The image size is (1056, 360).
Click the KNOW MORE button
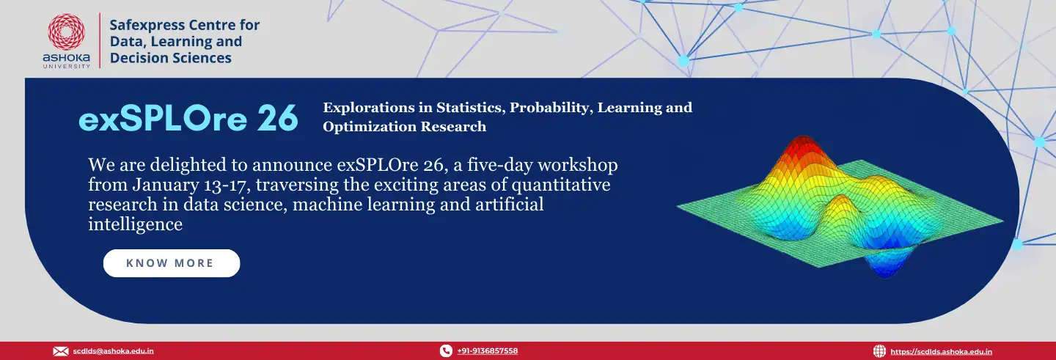point(172,263)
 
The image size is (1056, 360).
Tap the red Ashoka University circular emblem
point(67,32)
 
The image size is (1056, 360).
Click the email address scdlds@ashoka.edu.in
point(113,351)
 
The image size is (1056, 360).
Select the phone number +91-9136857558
point(488,351)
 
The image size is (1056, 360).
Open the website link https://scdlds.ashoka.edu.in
point(941,351)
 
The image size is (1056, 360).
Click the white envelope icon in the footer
point(61,351)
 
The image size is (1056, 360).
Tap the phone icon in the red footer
point(446,350)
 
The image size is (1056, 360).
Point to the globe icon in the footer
point(879,351)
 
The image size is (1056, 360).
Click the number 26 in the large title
point(278,118)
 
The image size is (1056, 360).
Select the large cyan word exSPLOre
point(163,118)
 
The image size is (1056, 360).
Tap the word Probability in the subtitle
point(549,108)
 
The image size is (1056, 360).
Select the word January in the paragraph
point(166,185)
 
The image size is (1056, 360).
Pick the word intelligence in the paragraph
point(135,224)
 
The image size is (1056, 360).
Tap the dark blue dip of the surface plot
point(887,267)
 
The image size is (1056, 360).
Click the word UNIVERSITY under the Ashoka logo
point(67,67)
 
